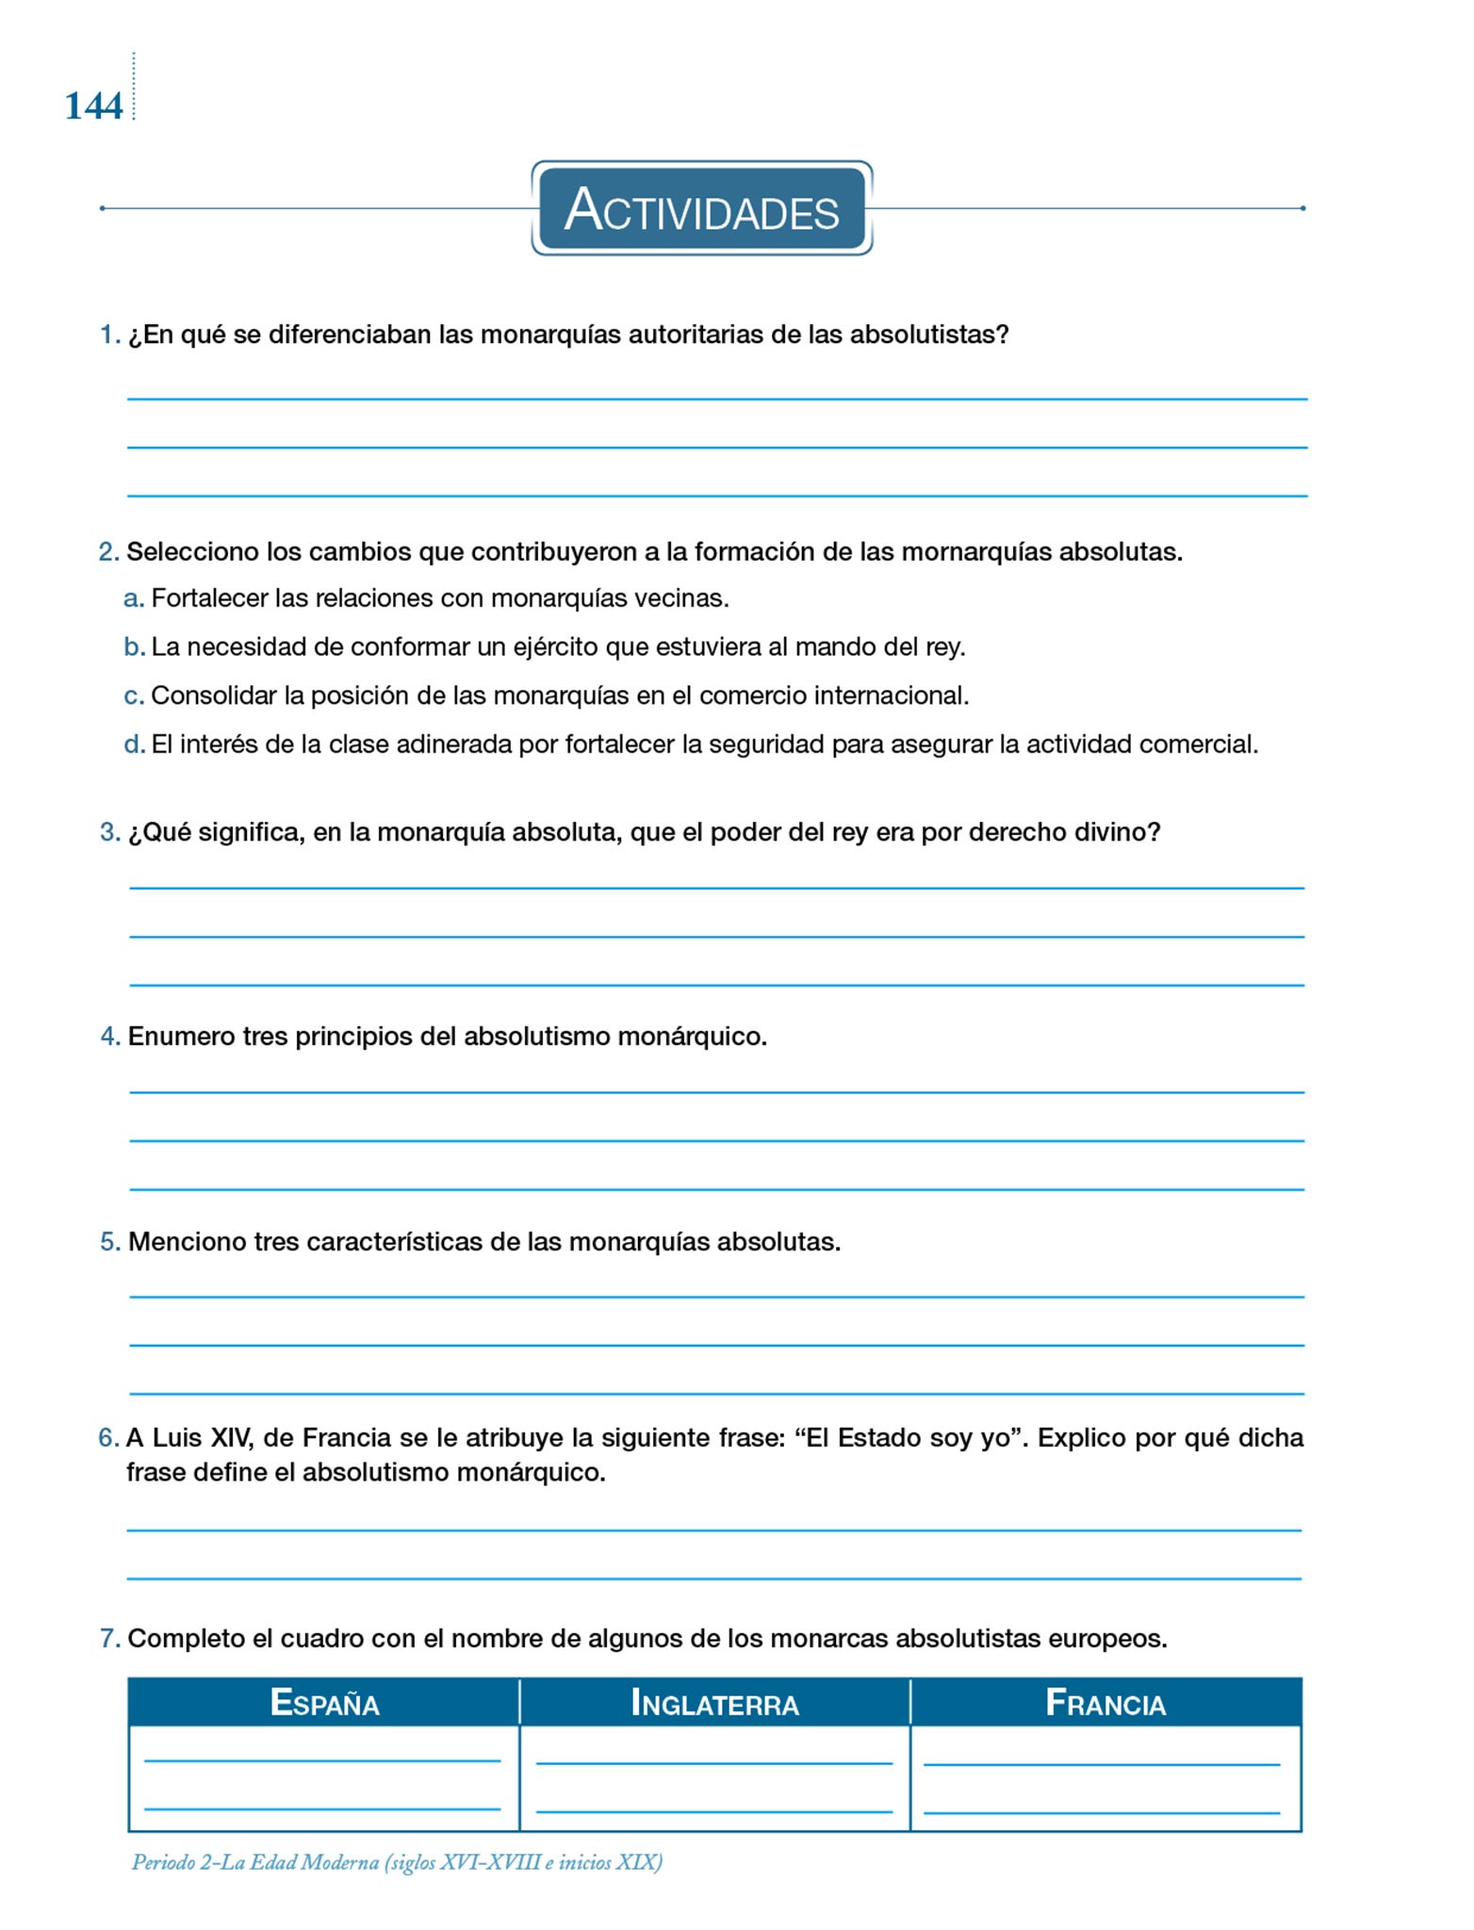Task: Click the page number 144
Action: coord(93,106)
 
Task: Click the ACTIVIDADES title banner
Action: coord(701,208)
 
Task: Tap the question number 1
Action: coord(109,335)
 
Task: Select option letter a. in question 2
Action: coord(133,598)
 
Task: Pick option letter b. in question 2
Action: coord(133,647)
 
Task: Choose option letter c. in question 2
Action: coord(133,696)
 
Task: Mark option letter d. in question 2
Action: coord(134,744)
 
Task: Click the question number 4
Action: coord(109,1037)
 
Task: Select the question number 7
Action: coord(109,1639)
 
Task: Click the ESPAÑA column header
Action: coord(324,1703)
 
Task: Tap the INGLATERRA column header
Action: coord(714,1703)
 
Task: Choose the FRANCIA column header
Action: coord(1105,1703)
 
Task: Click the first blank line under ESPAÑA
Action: coord(322,1759)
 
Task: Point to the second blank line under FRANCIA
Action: coord(1102,1811)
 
